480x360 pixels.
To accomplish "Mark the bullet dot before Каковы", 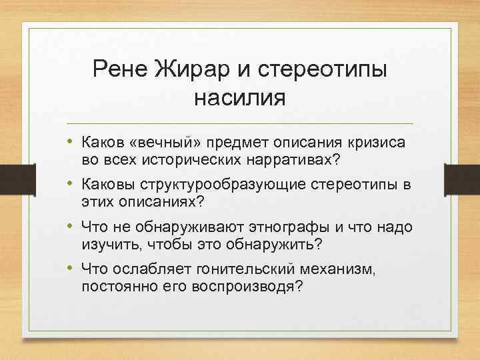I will [x=70, y=185].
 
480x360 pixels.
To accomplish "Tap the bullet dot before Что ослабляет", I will [x=70, y=270].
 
